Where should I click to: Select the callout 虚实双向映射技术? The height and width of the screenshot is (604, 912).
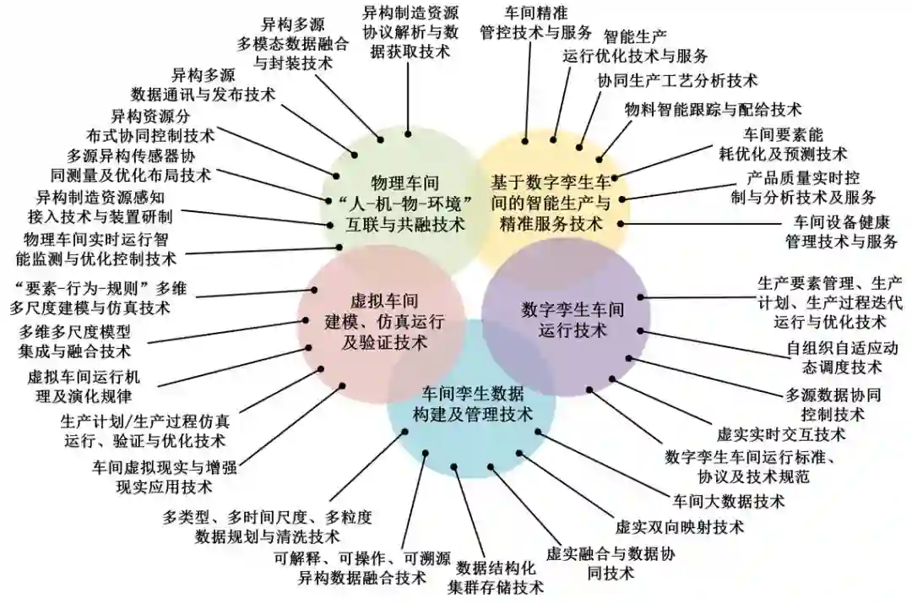(680, 527)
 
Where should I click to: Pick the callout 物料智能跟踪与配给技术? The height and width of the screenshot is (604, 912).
(713, 109)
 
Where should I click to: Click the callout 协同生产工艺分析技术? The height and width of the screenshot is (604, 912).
(677, 81)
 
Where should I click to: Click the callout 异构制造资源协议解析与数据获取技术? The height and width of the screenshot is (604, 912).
(410, 32)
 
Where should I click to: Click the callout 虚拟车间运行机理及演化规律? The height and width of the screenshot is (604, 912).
(79, 385)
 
